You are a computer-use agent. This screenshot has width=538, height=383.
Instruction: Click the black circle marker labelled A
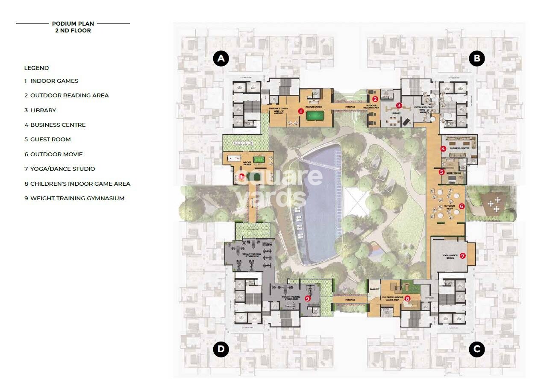221,58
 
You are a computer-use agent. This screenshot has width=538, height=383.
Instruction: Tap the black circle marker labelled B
476,58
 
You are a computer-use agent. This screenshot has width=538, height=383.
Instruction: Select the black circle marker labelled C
476,350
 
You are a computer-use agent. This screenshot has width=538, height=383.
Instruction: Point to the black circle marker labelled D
221,350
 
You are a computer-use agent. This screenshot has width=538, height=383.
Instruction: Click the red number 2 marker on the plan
375,99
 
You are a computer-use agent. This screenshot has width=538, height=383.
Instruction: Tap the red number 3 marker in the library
399,105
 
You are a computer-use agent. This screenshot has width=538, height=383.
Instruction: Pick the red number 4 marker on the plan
444,149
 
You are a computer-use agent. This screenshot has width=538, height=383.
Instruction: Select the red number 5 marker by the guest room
442,172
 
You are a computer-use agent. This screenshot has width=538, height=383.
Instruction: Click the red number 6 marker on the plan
462,206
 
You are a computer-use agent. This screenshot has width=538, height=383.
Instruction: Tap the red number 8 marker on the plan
407,298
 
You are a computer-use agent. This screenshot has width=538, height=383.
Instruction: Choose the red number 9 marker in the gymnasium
307,298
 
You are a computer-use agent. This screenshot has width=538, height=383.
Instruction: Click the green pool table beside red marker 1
315,115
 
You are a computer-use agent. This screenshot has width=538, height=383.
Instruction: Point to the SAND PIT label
374,289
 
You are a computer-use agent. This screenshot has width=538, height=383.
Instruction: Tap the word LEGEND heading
36,68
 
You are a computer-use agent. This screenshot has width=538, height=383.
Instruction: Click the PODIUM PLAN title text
73,24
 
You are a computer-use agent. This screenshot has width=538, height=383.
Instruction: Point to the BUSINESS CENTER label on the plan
459,148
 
